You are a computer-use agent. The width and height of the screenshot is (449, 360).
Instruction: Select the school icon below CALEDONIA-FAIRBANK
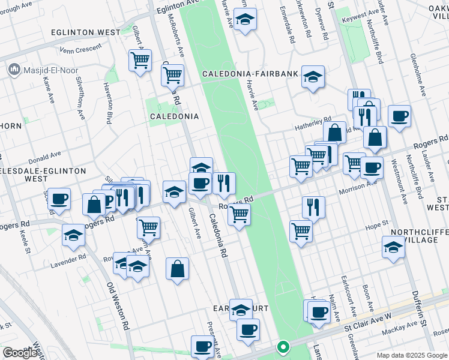313,77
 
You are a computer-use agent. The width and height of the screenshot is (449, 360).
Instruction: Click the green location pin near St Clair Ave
282,347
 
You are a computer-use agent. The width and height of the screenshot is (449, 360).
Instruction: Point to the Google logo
20,353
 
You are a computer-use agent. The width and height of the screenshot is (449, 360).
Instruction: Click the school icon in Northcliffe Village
393,247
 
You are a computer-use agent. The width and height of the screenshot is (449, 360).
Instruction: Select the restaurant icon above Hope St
313,208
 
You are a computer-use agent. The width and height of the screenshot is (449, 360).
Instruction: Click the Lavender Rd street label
70,260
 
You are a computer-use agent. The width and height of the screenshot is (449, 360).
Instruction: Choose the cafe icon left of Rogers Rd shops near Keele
59,199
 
